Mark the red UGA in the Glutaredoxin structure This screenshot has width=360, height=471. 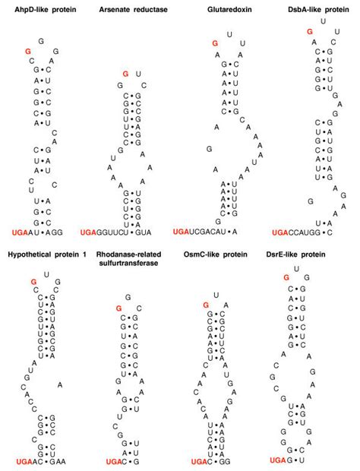pos(182,230)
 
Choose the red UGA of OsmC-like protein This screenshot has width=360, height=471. pos(199,461)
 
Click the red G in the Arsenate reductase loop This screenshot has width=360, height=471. pos(125,74)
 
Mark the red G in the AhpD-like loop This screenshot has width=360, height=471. pos(27,50)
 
